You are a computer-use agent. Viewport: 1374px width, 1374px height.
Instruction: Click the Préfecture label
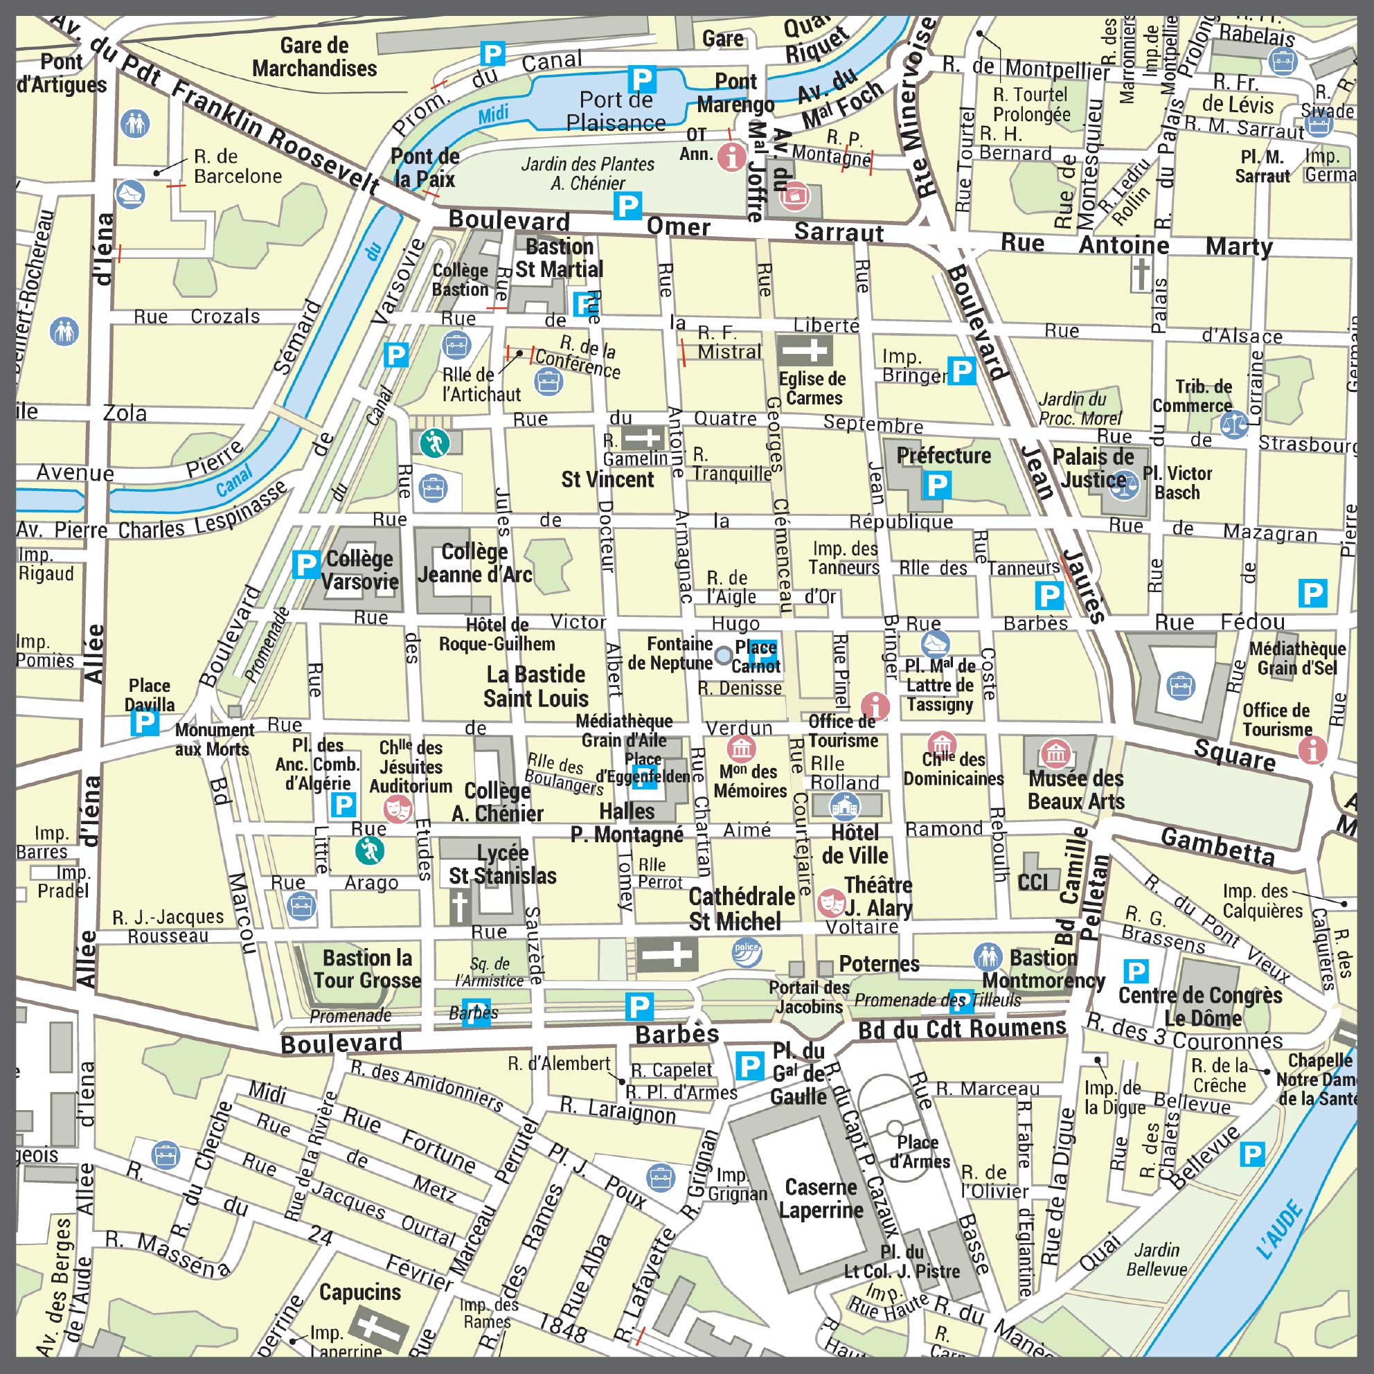coord(943,456)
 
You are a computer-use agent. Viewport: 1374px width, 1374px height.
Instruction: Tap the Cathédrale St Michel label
coord(741,909)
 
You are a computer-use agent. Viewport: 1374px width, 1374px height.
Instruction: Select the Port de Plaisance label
coord(616,111)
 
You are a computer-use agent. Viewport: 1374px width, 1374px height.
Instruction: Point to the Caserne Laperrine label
coord(821,1198)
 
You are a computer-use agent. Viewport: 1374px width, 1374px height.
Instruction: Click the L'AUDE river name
coord(1279,1230)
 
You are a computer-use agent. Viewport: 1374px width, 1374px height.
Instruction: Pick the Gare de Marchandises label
coord(314,57)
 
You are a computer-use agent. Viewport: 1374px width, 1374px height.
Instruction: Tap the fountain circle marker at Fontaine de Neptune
coord(723,655)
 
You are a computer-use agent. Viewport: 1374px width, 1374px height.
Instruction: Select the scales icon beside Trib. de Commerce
coord(1235,425)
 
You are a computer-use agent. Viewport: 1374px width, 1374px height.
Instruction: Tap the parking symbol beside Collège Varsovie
coord(306,564)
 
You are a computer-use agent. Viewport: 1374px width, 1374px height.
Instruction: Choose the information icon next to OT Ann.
coord(731,156)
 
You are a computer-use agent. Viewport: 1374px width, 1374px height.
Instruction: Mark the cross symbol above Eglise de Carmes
coord(805,350)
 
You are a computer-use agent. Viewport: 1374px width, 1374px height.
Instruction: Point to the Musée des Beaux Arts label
coord(1076,790)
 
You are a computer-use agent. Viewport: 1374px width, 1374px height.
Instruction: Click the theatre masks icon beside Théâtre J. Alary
coord(828,902)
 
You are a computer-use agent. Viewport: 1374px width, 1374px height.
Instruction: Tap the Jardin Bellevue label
coord(1157,1260)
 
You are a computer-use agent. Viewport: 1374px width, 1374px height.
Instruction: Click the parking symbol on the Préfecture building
coord(936,485)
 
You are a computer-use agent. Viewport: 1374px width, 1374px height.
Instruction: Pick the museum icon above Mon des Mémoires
coord(741,749)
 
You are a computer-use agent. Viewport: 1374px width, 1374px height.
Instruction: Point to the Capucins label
coord(360,1292)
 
